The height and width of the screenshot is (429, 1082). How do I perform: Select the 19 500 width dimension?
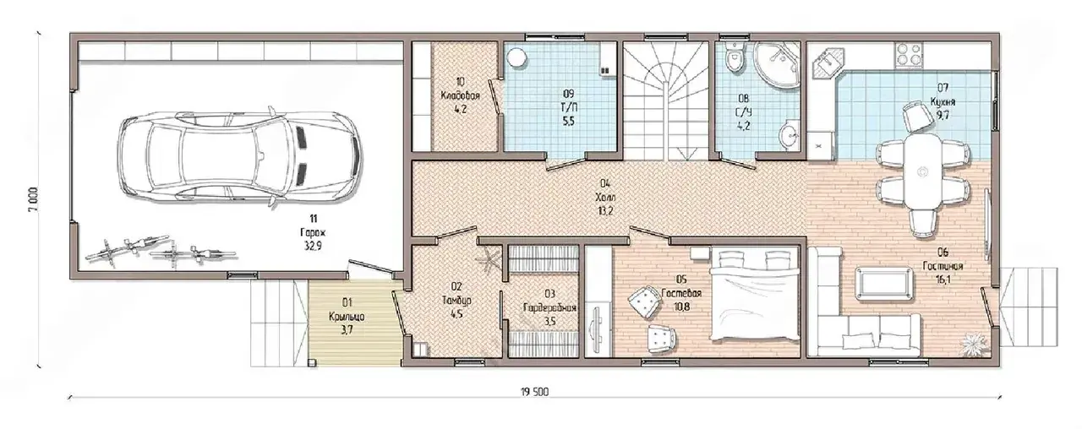coord(535,391)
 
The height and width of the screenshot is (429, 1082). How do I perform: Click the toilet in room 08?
coord(735,59)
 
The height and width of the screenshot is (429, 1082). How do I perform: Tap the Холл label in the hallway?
coord(606,198)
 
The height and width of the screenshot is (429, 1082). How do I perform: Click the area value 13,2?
coord(606,211)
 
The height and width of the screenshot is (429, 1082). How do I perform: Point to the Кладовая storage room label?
coord(461,96)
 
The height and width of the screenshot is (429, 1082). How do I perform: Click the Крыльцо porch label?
coord(347,317)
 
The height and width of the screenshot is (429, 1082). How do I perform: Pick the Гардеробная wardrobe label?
coord(550,308)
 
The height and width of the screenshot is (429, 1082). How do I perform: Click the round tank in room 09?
coord(516,59)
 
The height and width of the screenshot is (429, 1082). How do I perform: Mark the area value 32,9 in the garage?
coord(313,246)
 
